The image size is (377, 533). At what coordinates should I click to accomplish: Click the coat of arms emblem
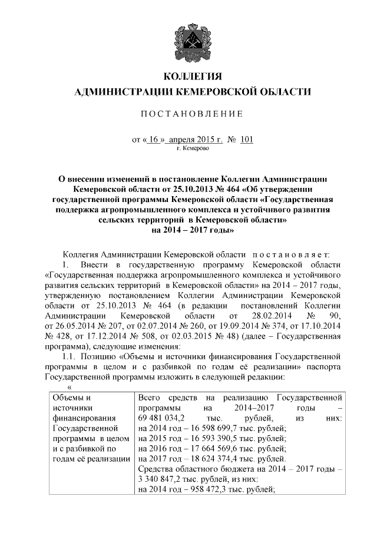pos(188,39)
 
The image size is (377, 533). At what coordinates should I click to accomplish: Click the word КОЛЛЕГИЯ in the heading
pos(188,77)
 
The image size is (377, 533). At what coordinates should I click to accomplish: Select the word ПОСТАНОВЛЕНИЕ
pos(188,114)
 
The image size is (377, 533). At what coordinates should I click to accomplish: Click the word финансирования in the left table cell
pos(81,418)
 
